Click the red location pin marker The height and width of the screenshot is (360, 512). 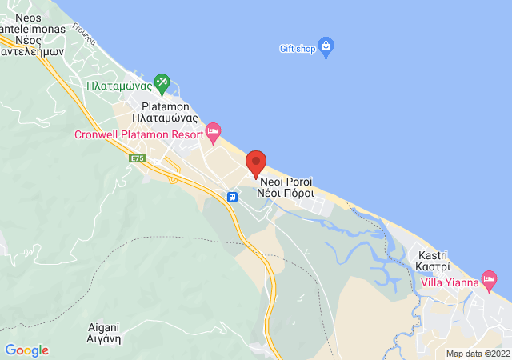click(x=256, y=163)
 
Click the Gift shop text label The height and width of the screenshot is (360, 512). click(x=296, y=48)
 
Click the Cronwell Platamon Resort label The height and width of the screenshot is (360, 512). click(x=138, y=134)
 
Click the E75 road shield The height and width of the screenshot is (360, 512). click(x=138, y=158)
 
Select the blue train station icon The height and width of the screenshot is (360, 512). click(x=232, y=196)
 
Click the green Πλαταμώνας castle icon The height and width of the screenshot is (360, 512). click(x=162, y=82)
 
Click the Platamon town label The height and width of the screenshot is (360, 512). click(x=164, y=106)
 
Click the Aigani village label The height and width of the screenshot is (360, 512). click(x=104, y=326)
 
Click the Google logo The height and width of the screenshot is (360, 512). click(x=26, y=350)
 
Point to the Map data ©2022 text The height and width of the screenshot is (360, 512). click(x=478, y=354)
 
